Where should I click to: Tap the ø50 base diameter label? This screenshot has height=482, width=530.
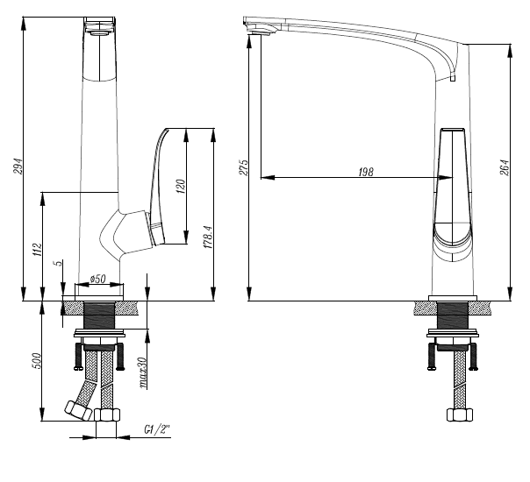[97, 280]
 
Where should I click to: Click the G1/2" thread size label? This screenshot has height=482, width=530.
[156, 431]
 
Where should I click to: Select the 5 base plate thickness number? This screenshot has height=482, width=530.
[56, 263]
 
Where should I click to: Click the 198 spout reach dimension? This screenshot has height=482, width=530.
[364, 173]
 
